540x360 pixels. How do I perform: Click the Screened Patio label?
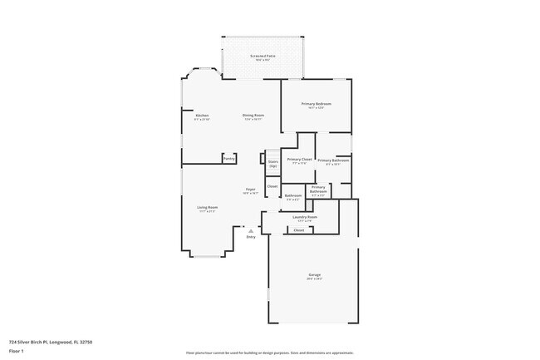(x=263, y=57)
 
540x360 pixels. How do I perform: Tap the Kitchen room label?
(x=202, y=115)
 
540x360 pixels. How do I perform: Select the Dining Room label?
(x=253, y=115)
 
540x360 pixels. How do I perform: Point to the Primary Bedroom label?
(x=319, y=104)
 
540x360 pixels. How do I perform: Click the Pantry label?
(x=229, y=158)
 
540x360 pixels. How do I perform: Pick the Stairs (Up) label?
(x=272, y=164)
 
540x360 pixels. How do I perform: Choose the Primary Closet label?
(x=298, y=159)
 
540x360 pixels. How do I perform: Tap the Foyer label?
(x=250, y=190)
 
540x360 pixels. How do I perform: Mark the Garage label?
(x=315, y=274)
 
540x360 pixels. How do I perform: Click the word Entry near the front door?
(x=252, y=237)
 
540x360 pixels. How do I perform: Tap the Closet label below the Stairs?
(x=272, y=186)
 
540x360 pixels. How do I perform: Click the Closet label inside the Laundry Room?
(x=299, y=230)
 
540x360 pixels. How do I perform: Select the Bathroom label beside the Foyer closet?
(x=293, y=196)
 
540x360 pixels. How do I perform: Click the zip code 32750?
(x=86, y=342)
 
